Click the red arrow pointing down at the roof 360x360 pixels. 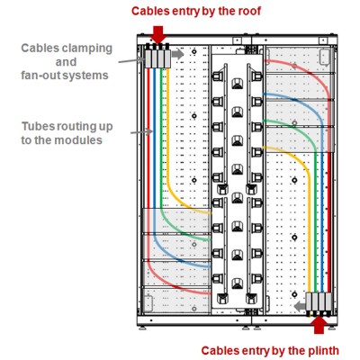(158, 35)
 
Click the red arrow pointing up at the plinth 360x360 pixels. (320, 325)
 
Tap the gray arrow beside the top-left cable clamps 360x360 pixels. (178, 54)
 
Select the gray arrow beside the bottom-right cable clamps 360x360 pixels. (299, 306)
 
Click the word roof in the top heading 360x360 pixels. (249, 12)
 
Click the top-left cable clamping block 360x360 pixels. (157, 58)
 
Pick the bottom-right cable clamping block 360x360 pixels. (319, 301)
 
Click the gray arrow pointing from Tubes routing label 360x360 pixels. (141, 131)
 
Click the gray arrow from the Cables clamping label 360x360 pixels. (131, 60)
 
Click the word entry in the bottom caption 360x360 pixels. (255, 351)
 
